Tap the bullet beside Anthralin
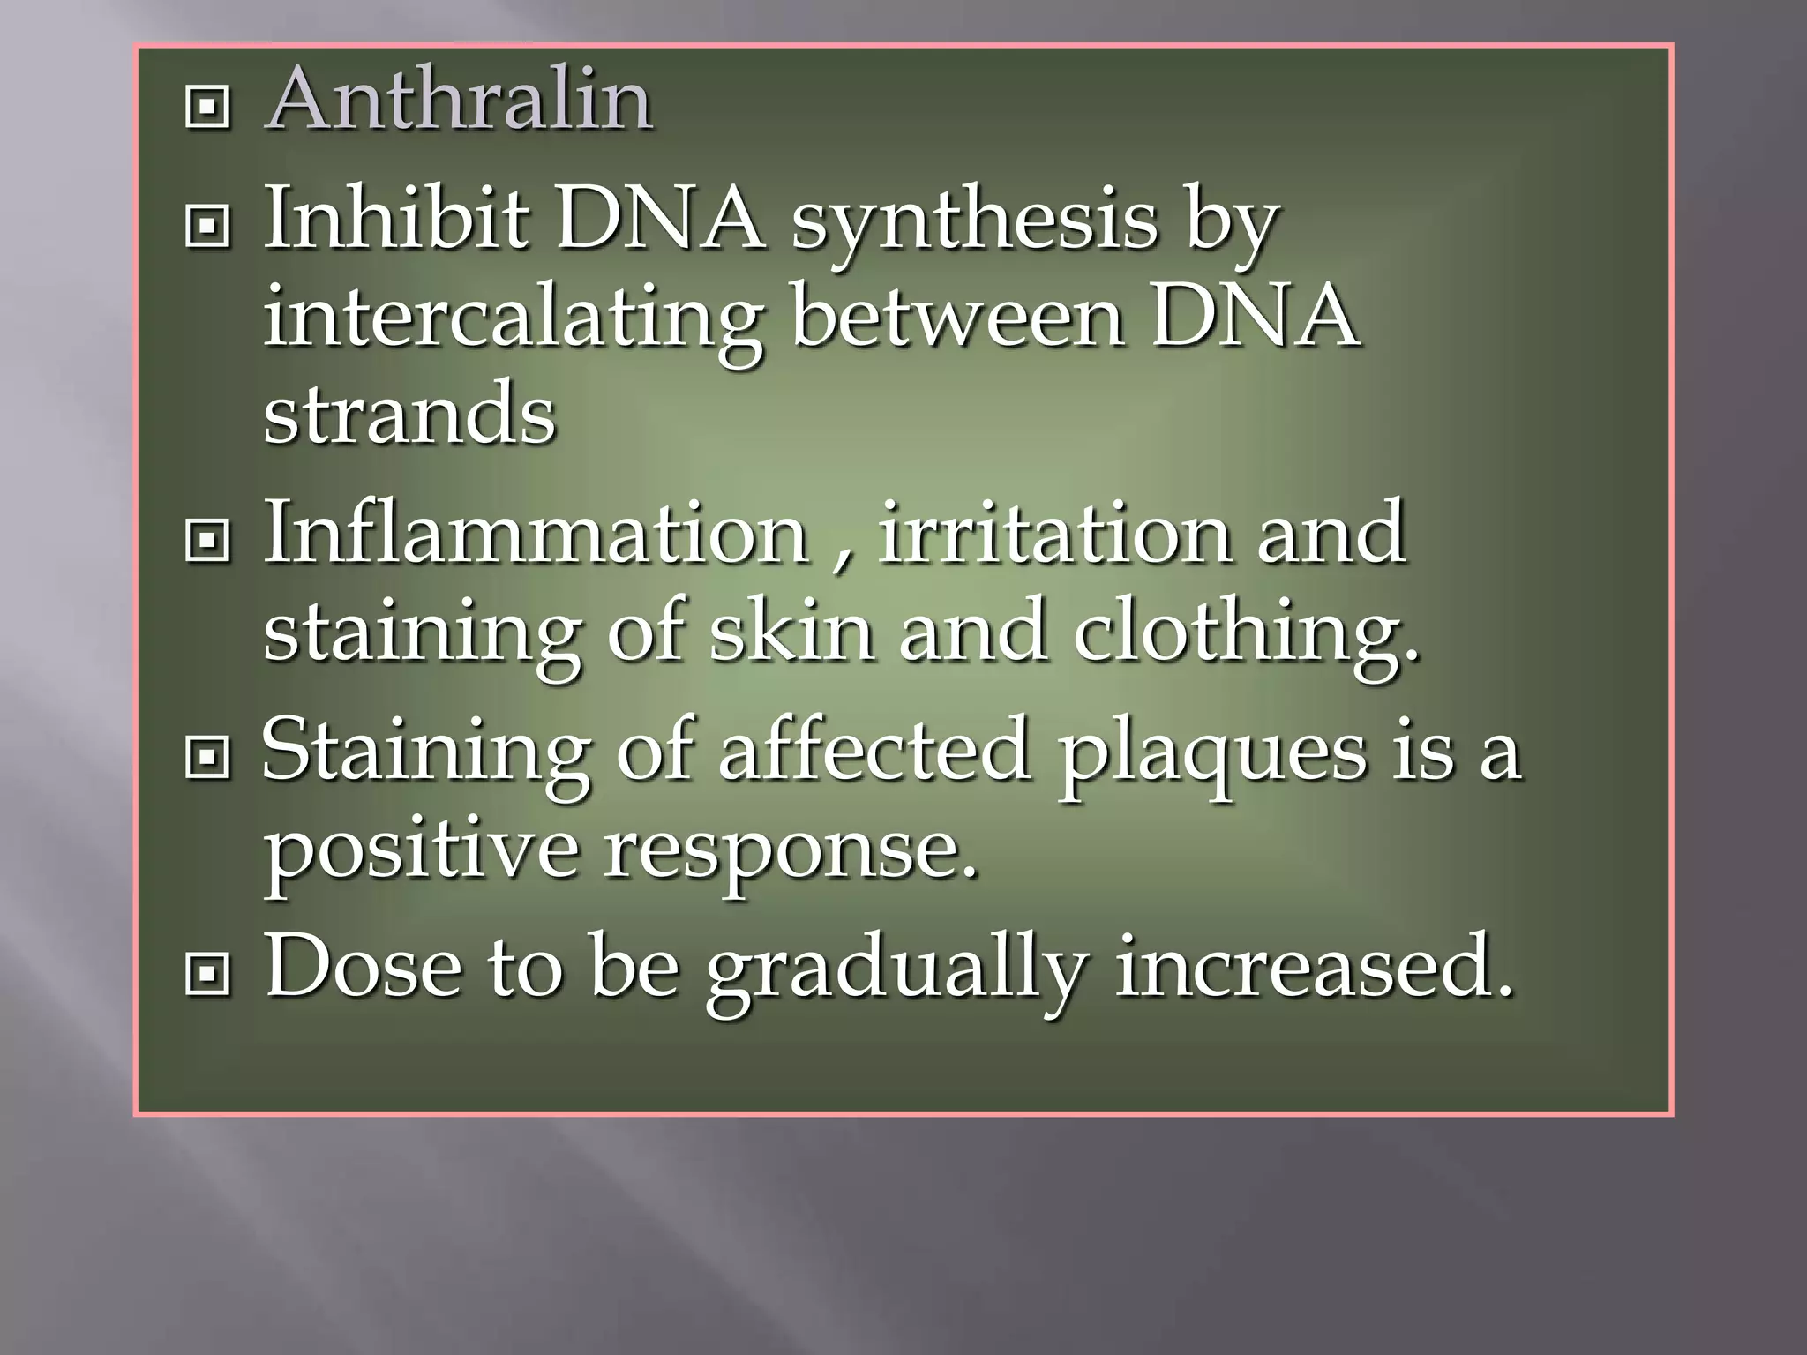coord(208,108)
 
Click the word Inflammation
coord(536,532)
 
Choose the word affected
coord(874,750)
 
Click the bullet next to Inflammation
coord(208,542)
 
